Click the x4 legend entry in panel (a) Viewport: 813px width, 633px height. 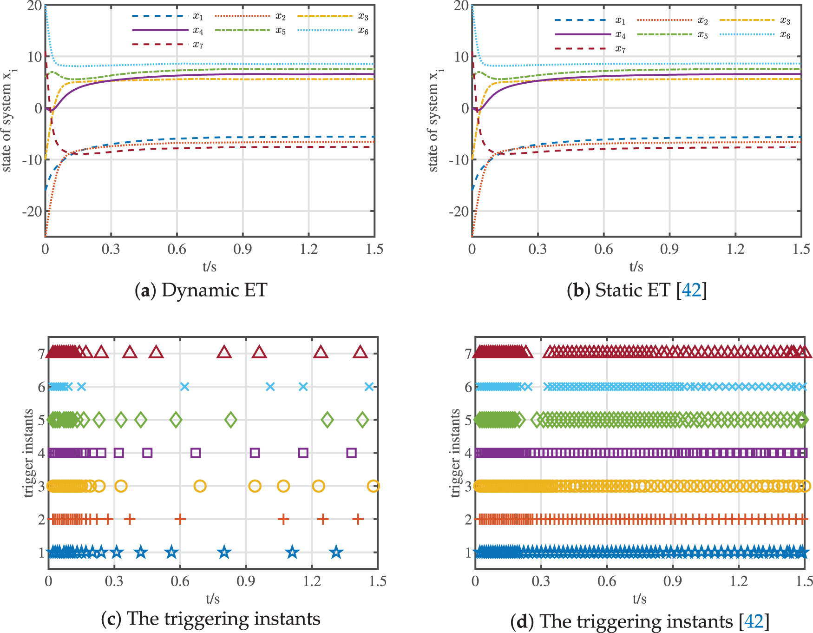pos(198,31)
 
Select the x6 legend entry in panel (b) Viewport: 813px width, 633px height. pos(785,35)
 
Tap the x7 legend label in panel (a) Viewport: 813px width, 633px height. pos(198,45)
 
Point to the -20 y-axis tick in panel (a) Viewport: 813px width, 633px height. pos(32,211)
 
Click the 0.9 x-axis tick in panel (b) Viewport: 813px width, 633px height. pos(669,250)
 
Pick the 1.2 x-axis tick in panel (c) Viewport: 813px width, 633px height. pos(312,581)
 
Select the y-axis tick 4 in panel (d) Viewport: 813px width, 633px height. pos(468,453)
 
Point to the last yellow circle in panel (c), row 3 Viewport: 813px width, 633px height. pos(373,486)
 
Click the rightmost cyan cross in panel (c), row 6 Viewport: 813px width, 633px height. pos(369,387)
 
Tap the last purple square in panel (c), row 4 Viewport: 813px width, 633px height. pos(352,453)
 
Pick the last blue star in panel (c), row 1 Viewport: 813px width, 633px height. pos(336,553)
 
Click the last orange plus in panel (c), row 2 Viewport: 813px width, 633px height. pos(357,519)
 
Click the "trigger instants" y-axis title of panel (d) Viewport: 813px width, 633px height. pos(455,453)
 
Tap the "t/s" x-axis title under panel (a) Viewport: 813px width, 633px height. pos(210,267)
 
